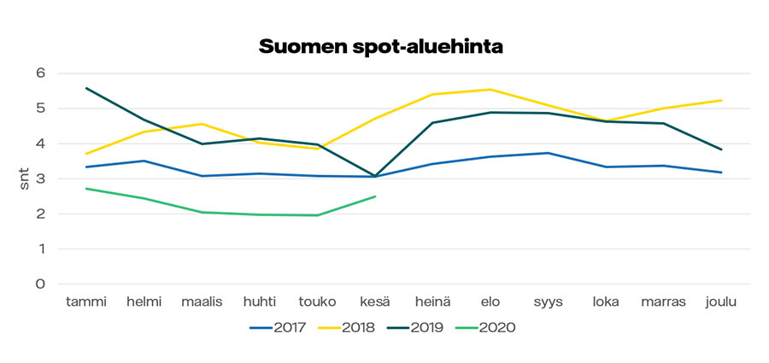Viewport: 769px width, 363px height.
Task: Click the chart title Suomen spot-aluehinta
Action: (380, 47)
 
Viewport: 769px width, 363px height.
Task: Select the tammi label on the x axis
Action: (86, 302)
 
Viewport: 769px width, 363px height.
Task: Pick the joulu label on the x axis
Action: (722, 302)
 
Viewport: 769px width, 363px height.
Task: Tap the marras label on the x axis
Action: (663, 302)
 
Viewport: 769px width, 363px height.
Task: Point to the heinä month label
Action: (432, 302)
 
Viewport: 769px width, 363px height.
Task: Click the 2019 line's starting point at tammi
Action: (86, 88)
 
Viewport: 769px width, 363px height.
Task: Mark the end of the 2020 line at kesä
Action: (375, 196)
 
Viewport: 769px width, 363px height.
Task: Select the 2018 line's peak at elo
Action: (490, 90)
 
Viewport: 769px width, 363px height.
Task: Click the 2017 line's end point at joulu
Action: (722, 173)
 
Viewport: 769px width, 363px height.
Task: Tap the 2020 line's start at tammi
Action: (86, 189)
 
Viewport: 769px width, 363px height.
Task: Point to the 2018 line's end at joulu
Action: (722, 101)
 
